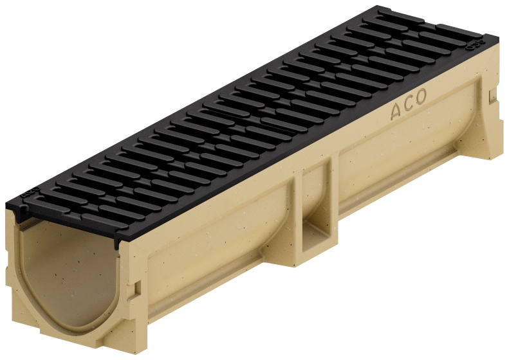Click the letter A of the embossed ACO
395,111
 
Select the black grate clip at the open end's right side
116,240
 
